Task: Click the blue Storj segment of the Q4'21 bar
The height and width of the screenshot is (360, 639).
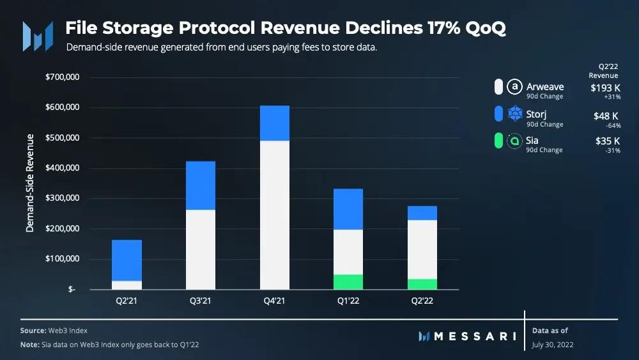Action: (275, 123)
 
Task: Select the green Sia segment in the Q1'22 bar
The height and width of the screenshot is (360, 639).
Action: (348, 282)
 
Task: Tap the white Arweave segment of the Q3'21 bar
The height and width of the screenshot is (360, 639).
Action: (201, 249)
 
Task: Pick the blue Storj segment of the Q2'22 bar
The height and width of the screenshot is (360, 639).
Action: (422, 213)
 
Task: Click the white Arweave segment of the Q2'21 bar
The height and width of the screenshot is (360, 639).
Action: (127, 285)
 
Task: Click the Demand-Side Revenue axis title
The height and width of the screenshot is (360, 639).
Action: (30, 185)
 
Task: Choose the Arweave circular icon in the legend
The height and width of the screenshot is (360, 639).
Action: (514, 87)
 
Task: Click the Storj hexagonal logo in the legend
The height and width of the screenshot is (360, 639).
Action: (514, 114)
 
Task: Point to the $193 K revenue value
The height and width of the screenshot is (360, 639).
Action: (606, 87)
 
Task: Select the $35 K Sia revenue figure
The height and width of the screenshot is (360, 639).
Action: (607, 141)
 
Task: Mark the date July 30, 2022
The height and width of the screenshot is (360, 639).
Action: (552, 344)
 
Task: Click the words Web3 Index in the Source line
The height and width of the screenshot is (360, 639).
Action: (68, 331)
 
